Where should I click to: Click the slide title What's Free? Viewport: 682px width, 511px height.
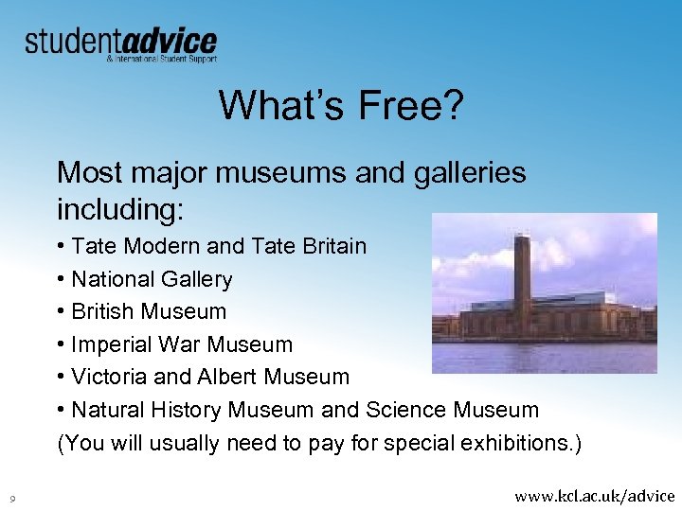(341, 105)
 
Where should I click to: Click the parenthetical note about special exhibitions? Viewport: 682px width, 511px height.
(319, 443)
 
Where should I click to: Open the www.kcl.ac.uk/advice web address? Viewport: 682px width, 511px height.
(594, 495)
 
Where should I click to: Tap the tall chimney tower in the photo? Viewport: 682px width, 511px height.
(521, 274)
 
